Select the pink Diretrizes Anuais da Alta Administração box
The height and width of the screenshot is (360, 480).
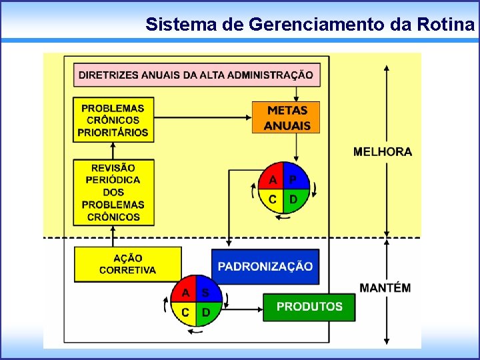pyautogui.click(x=197, y=75)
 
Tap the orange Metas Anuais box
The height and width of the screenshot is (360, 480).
pyautogui.click(x=286, y=117)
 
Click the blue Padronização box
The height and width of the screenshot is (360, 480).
pyautogui.click(x=265, y=266)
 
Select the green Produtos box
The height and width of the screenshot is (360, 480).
pyautogui.click(x=309, y=307)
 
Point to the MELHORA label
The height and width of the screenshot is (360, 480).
pyautogui.click(x=383, y=151)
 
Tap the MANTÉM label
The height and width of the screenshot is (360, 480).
pyautogui.click(x=385, y=288)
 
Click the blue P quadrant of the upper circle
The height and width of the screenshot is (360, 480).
pyautogui.click(x=295, y=177)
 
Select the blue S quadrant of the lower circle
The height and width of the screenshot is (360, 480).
pyautogui.click(x=208, y=291)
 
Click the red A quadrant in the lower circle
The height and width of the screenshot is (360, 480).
pyautogui.click(x=185, y=291)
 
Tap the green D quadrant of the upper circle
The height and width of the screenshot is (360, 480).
pyautogui.click(x=295, y=199)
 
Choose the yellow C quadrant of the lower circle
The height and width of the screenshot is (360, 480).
pyautogui.click(x=185, y=312)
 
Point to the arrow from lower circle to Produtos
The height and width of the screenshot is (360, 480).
pyautogui.click(x=243, y=309)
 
